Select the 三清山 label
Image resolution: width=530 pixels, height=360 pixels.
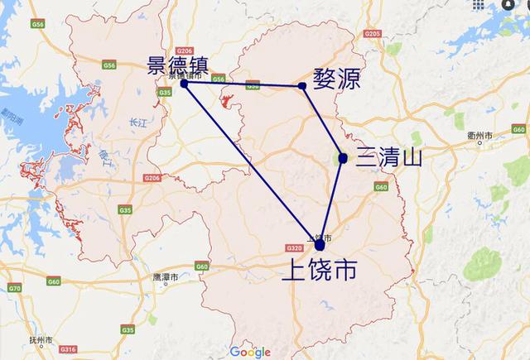(x=388, y=157)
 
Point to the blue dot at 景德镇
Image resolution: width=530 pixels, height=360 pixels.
(x=184, y=83)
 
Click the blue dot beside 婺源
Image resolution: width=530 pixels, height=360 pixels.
(x=302, y=85)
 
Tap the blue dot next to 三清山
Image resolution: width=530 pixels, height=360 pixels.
(x=343, y=157)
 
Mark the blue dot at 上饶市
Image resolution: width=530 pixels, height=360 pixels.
(x=320, y=245)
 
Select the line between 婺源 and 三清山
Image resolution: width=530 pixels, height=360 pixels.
(x=323, y=122)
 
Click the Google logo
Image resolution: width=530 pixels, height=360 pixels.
(x=250, y=352)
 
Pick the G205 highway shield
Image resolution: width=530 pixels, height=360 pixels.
(x=371, y=34)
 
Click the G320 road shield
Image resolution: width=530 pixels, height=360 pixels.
(x=294, y=247)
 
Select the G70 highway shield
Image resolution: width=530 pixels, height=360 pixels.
(x=14, y=287)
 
